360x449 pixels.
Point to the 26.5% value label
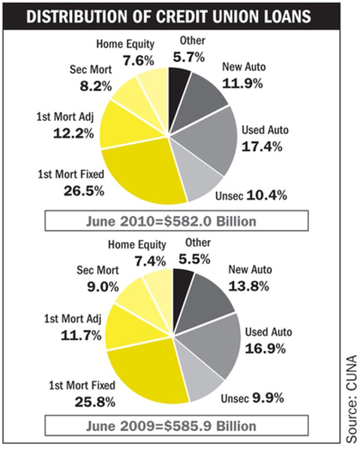[x=84, y=190]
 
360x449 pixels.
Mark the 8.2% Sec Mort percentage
[x=96, y=87]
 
